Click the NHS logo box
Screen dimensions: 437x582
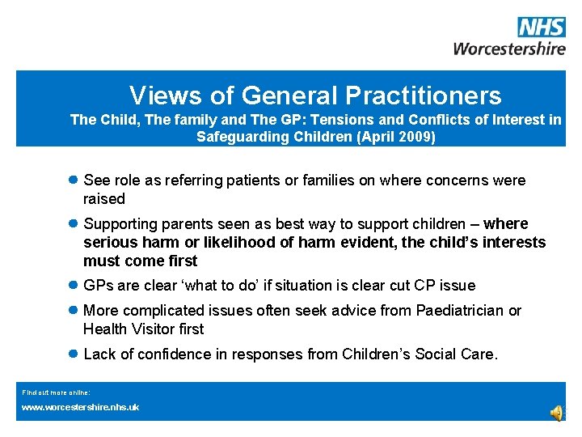tap(541, 28)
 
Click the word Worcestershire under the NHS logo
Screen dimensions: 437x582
tap(509, 49)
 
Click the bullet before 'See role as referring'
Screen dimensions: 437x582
tap(73, 180)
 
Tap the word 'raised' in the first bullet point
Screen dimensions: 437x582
tap(104, 199)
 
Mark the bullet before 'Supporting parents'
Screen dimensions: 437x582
tap(73, 224)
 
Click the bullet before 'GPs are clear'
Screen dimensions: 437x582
tap(73, 286)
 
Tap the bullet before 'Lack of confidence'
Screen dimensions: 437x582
tap(73, 354)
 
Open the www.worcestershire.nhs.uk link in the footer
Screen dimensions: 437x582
tap(80, 407)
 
